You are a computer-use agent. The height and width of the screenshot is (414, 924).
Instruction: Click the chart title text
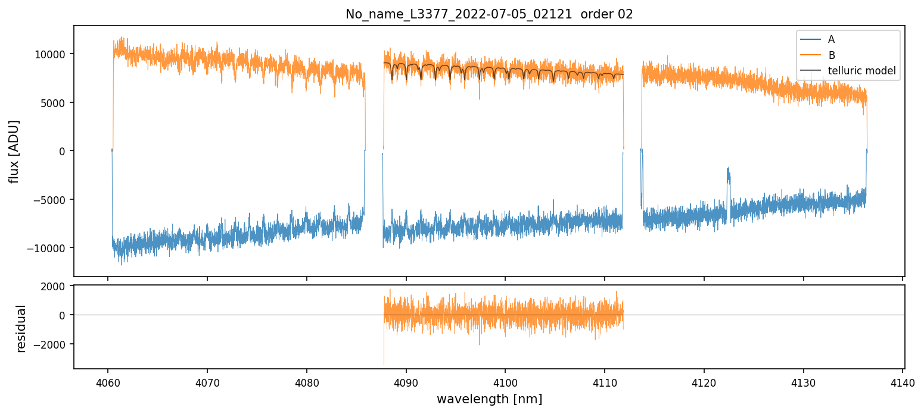click(x=489, y=14)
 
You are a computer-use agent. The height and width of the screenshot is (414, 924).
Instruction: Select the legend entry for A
click(x=831, y=39)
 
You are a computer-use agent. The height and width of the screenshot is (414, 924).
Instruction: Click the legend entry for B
click(x=831, y=55)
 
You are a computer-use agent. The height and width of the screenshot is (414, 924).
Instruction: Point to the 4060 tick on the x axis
click(x=107, y=381)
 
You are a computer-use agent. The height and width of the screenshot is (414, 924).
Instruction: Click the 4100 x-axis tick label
click(x=505, y=381)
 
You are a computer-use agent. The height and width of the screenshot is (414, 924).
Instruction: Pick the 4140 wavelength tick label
click(x=903, y=381)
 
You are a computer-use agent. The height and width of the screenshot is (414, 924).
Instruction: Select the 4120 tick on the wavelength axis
click(x=704, y=381)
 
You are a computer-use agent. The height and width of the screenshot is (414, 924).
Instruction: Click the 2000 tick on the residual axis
click(x=54, y=286)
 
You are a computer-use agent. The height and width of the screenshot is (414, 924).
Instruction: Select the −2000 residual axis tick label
click(x=51, y=344)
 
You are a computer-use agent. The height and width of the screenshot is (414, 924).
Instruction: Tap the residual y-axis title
click(x=21, y=328)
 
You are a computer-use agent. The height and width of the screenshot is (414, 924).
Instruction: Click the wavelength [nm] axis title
click(x=489, y=399)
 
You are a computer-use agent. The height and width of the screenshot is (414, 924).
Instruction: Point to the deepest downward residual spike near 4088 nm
click(x=384, y=363)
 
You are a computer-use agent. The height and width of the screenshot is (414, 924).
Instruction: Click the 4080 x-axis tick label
click(x=306, y=381)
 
